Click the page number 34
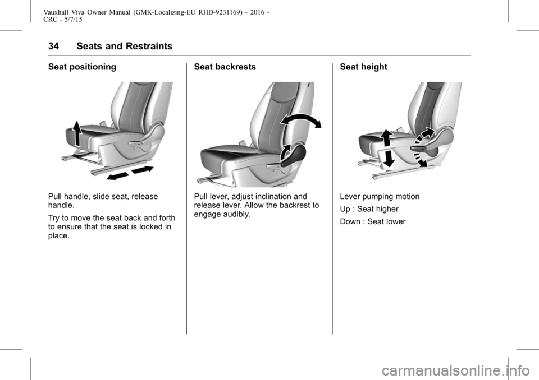53,46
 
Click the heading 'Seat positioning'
82,67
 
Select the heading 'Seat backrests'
225,67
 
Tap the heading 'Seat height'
363,67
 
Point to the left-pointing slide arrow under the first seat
117,176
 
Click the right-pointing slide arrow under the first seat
143,169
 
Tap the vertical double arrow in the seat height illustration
387,149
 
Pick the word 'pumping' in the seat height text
378,197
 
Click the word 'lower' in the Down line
396,222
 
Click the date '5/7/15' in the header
73,20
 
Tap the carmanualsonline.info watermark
456,370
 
